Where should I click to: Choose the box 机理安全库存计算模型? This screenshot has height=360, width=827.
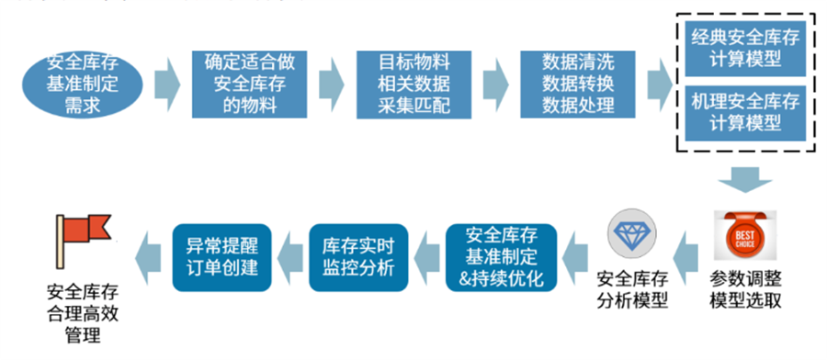745,110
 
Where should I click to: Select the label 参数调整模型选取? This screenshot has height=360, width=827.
744,288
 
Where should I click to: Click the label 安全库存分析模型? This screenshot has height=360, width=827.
632,288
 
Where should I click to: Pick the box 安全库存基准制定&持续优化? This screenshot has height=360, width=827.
502,256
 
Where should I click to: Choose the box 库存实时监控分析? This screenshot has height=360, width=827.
357,256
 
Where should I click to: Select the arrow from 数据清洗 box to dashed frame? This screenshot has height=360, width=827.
657,84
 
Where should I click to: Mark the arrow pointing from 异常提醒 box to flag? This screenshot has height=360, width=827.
147,249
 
